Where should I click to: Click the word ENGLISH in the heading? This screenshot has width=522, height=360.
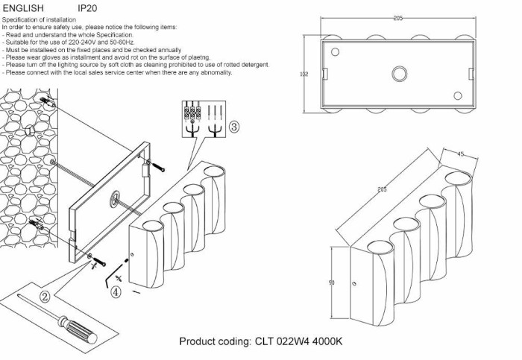pos(23,8)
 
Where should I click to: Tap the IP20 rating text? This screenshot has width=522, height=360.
pos(87,8)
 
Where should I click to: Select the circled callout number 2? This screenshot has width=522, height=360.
pos(45,297)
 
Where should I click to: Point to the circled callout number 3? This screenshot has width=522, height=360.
pos(233,127)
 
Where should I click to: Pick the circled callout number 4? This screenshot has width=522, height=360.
pos(116,293)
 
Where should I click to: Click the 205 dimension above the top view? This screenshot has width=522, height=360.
pos(398,17)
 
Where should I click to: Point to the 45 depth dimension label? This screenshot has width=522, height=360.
pos(460,154)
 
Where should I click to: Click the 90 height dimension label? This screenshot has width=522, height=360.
pos(331,282)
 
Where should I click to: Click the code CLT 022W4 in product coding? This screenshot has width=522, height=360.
pos(280,341)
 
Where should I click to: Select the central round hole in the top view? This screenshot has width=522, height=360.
pos(399,73)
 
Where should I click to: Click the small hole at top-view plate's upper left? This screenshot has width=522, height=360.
pos(335,52)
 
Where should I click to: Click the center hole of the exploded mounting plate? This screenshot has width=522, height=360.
pos(116,198)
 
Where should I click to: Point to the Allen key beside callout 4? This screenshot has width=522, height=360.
pos(111,278)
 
